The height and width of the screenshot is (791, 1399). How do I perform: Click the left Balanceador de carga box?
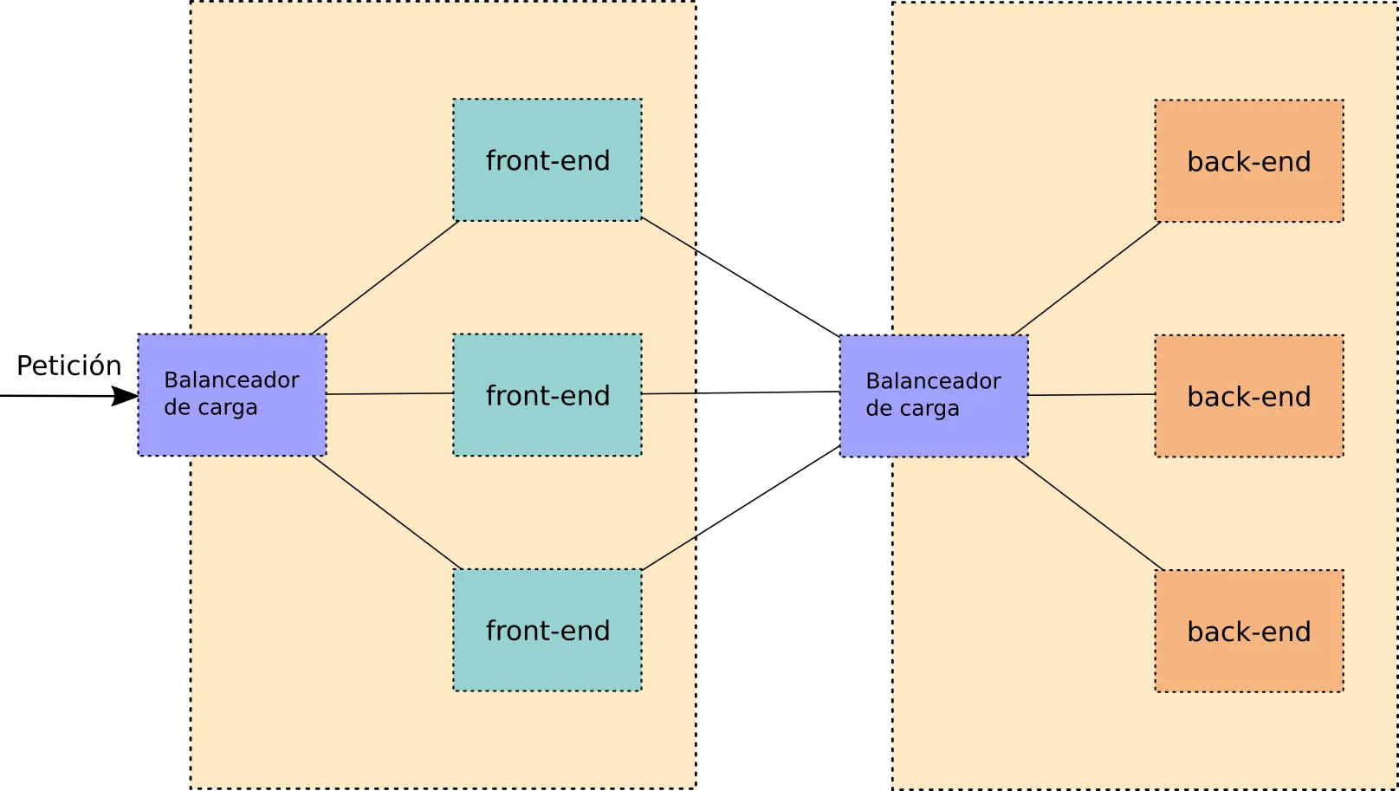pos(232,433)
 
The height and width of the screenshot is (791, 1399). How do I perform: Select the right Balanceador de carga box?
pos(934,433)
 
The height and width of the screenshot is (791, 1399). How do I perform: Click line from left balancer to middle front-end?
pos(390,393)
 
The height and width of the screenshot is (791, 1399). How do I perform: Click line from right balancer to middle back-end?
pos(1091,394)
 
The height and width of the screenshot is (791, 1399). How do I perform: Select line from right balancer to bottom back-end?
pos(1089,514)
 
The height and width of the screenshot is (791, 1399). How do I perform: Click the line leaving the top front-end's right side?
pos(669,235)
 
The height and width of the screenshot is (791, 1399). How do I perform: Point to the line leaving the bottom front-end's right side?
pos(670,553)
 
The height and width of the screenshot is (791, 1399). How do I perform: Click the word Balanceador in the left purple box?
pos(231,379)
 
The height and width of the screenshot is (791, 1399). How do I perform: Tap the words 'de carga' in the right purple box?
pos(912,408)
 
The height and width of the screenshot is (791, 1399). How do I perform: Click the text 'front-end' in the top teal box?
pos(547,160)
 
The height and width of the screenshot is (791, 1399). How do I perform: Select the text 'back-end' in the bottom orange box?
pos(1249,632)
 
